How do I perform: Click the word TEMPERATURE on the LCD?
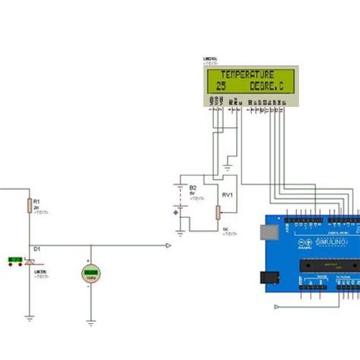246,74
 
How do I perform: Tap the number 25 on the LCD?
221,87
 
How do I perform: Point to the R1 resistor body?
29,205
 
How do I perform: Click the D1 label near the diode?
36,248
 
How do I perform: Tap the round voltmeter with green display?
92,274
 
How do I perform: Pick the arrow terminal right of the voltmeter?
169,245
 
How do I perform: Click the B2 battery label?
193,187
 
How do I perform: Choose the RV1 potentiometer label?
226,195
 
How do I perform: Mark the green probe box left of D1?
14,261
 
